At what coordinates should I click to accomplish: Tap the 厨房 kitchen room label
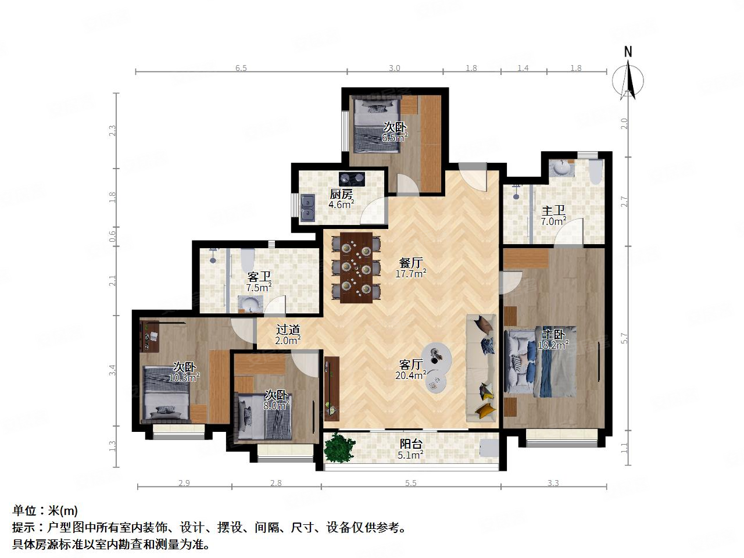coord(341,194)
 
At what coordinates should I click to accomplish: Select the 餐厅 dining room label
coord(410,262)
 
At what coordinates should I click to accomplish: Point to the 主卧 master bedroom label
coord(554,334)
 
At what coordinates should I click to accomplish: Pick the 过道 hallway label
coord(287,330)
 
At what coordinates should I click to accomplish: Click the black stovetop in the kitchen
coord(352,178)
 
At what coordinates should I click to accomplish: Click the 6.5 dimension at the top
coord(241,68)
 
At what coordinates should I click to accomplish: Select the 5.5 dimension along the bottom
coord(410,483)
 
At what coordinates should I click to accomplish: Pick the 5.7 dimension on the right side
coord(624,338)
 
